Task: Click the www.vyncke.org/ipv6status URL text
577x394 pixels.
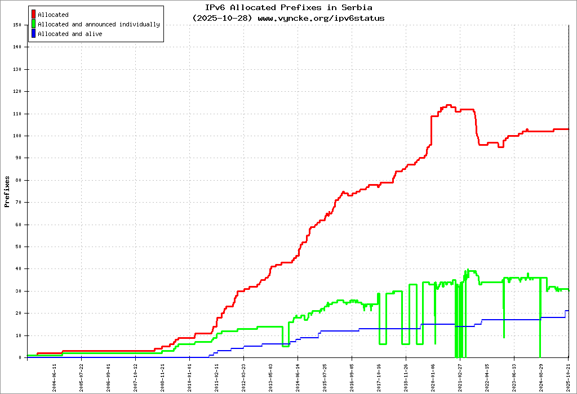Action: click(321, 18)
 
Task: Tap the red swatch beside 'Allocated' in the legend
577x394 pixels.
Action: click(34, 15)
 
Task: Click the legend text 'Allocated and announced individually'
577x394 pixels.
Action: click(99, 24)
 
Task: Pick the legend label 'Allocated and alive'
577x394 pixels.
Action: click(70, 34)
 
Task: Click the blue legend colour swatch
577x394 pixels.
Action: click(34, 34)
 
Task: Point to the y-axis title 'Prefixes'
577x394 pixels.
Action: click(7, 191)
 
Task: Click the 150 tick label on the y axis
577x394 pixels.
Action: click(16, 25)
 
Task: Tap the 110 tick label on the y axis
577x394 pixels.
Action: click(16, 114)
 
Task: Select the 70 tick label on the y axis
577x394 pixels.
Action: click(17, 202)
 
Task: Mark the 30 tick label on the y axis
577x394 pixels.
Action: click(17, 291)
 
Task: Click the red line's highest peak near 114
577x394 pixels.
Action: click(449, 105)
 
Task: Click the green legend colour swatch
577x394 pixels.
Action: click(34, 24)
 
